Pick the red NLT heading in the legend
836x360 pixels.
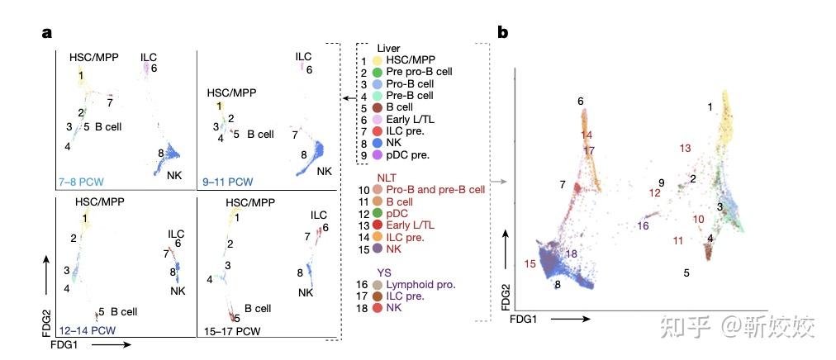coord(387,177)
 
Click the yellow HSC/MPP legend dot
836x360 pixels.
coord(377,61)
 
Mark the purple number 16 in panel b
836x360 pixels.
coord(643,225)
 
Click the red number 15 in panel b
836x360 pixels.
coord(530,263)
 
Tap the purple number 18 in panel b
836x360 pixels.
coord(572,253)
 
